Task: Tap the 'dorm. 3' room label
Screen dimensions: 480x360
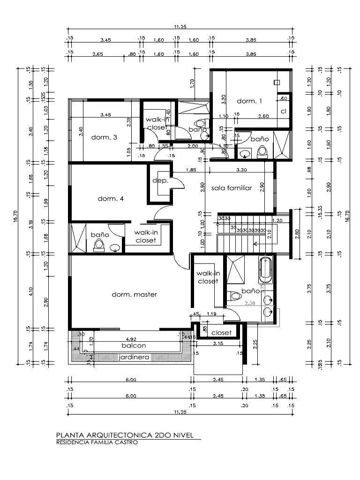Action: pos(104,137)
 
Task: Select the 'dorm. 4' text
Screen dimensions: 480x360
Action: pos(111,198)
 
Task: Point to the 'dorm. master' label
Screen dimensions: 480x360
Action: pos(134,294)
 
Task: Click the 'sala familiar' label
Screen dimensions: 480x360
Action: pos(232,188)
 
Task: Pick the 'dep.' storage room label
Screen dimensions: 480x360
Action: pos(160,180)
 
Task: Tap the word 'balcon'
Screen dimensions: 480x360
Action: pos(134,345)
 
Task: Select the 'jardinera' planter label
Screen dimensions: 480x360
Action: pos(134,357)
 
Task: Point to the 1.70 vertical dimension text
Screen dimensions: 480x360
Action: pos(193,84)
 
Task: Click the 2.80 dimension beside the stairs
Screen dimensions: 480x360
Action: pos(297,233)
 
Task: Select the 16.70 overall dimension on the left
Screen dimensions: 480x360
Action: pos(15,216)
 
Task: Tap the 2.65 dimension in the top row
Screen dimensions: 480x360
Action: pos(98,54)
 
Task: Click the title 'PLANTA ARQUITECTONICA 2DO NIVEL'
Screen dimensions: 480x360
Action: pos(124,435)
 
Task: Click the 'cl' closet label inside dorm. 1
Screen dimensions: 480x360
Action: pos(284,111)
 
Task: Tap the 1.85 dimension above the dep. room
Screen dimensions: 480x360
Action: pos(190,170)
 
